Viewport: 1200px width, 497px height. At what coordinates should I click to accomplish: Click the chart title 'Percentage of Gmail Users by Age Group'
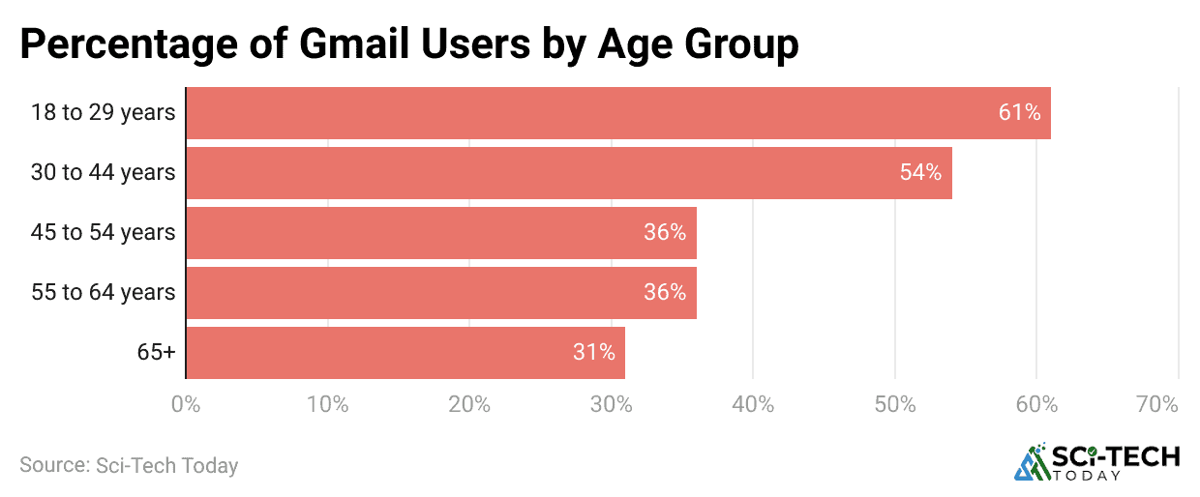point(408,44)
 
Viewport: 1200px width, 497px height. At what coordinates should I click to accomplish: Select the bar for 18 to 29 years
point(617,113)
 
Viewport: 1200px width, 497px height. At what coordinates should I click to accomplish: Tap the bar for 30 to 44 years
point(568,173)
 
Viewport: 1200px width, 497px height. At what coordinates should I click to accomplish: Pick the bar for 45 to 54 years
point(440,233)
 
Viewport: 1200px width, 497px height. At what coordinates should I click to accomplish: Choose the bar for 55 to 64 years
point(440,293)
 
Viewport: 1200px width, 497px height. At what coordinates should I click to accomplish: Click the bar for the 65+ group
point(405,353)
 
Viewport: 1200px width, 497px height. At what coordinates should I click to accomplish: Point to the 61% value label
point(1019,113)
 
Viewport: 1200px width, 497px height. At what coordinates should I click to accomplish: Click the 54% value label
point(920,173)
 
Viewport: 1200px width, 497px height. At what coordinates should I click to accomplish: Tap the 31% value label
point(593,353)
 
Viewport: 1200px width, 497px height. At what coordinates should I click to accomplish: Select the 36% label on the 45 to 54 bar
point(665,233)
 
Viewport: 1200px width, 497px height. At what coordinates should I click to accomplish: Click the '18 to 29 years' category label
point(103,113)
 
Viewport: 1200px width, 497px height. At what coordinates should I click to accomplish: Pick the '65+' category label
point(156,353)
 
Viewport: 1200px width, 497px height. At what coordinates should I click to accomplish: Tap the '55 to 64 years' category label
point(103,293)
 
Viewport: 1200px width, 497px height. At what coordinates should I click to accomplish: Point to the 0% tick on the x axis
point(185,404)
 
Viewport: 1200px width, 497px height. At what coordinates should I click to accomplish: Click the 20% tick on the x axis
point(468,404)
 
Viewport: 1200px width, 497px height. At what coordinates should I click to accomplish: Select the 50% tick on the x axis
point(894,404)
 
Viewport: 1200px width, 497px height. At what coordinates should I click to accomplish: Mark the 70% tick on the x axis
point(1156,404)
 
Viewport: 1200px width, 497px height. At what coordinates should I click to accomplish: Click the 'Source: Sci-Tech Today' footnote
point(129,465)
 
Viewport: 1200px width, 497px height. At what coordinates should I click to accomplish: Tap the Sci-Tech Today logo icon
point(1032,463)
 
